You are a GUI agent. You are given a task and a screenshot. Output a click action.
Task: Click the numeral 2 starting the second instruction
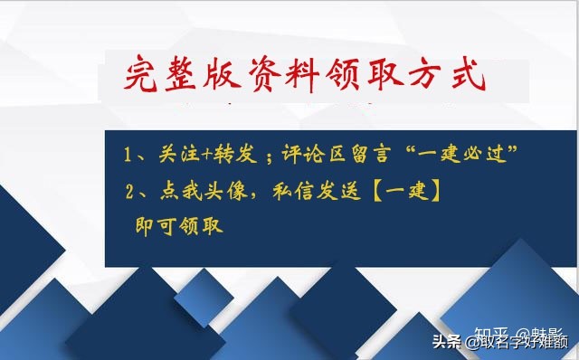click(132, 191)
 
